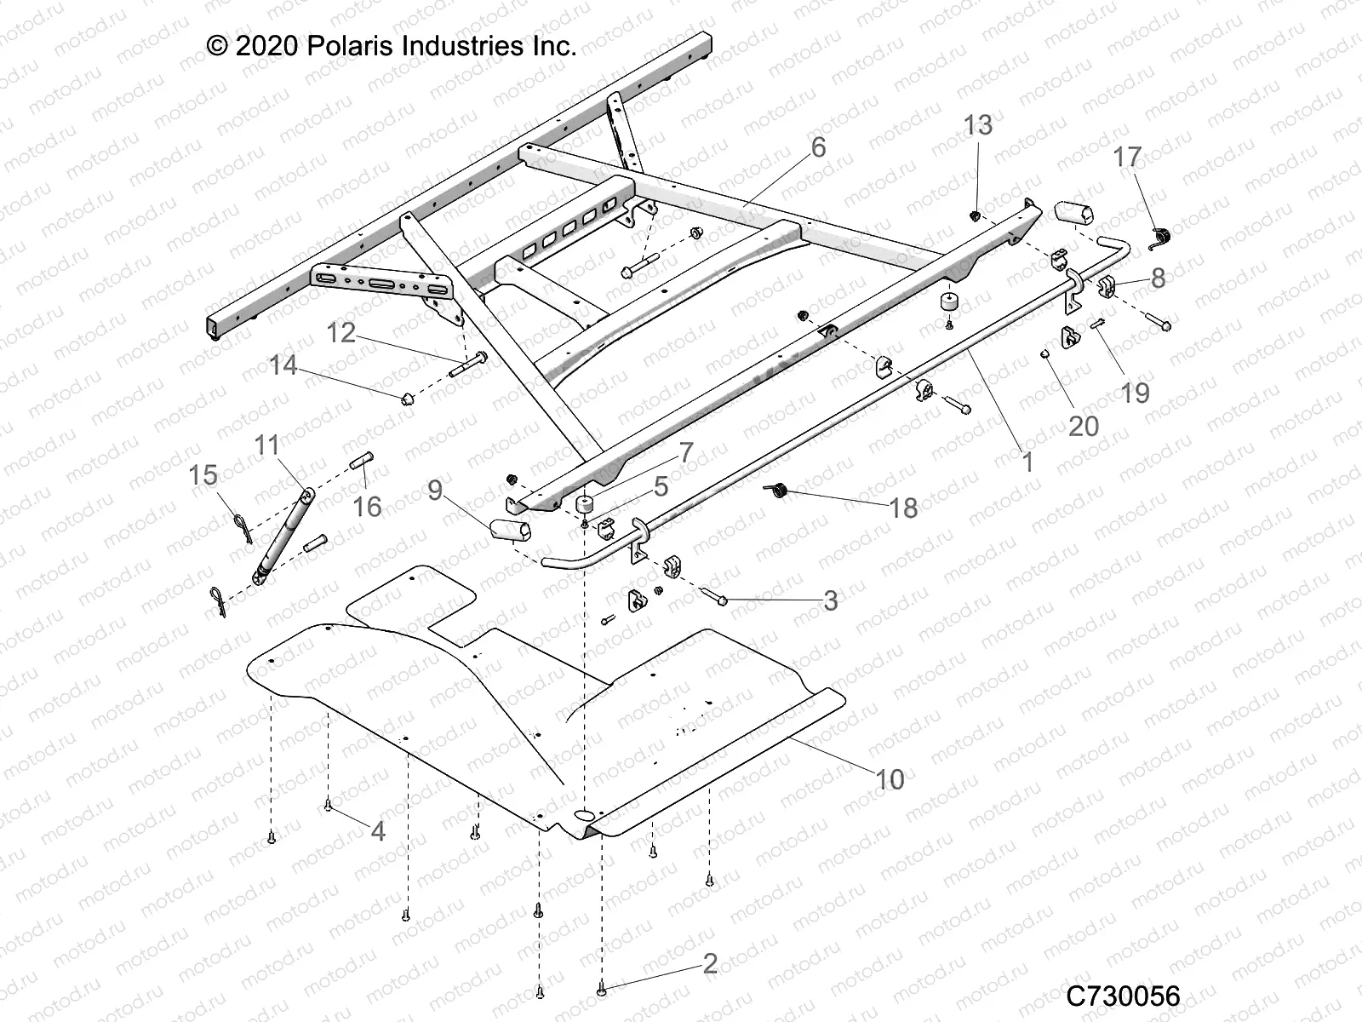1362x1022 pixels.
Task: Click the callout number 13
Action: click(978, 125)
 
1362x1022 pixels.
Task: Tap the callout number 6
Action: click(818, 147)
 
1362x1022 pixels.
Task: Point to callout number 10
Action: click(890, 778)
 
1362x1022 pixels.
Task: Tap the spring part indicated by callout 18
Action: click(777, 490)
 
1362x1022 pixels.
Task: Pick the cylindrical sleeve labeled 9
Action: click(511, 530)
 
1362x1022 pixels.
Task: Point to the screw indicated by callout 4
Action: click(328, 805)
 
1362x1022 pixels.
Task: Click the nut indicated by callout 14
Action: click(408, 398)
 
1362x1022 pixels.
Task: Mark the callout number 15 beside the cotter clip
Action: click(203, 474)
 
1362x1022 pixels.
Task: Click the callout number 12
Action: click(341, 332)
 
